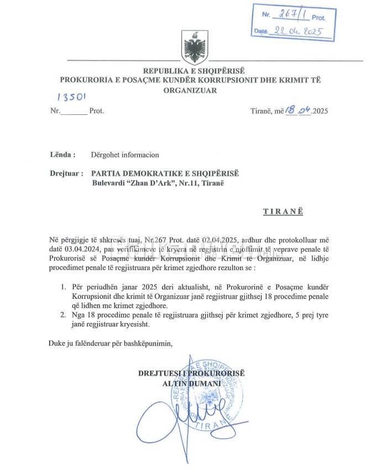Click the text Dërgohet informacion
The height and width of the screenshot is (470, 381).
tap(125, 155)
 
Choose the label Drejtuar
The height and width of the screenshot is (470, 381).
tap(66, 173)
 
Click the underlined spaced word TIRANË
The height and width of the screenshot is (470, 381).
tap(282, 211)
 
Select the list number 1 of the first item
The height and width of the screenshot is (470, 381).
tap(62, 287)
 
